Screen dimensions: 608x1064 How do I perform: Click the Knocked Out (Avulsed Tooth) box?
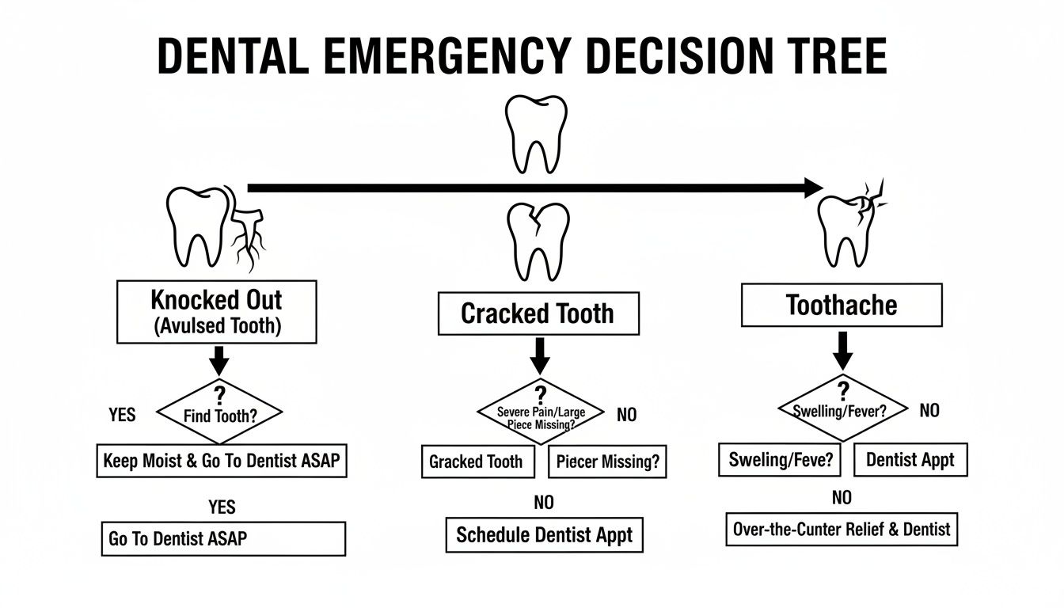click(x=216, y=311)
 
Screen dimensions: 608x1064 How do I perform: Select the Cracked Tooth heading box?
click(x=538, y=313)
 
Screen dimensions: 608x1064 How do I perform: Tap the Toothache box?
click(x=842, y=305)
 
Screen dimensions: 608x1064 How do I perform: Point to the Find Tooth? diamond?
click(x=220, y=411)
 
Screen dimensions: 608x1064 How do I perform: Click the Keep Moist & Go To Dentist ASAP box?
click(x=222, y=460)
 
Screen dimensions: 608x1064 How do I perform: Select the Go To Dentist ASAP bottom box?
click(x=223, y=538)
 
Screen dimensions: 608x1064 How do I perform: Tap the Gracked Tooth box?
click(x=476, y=462)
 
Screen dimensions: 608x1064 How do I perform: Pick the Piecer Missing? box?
click(x=607, y=462)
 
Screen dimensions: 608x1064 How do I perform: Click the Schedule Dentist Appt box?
click(x=544, y=535)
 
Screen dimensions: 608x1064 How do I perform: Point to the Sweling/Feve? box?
click(x=781, y=459)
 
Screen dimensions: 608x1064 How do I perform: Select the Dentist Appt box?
click(x=910, y=459)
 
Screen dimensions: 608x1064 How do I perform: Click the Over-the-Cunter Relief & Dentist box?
click(x=841, y=529)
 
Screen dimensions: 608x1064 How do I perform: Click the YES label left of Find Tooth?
click(x=122, y=414)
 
